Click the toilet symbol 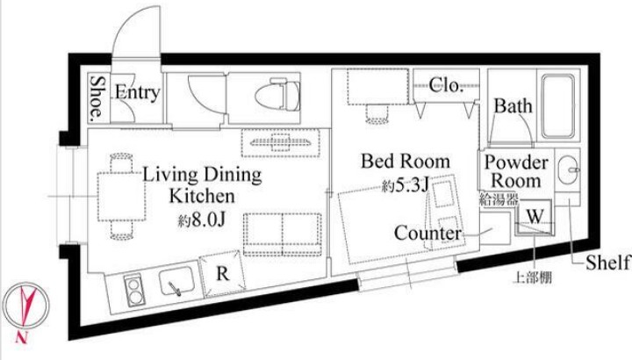pyautogui.click(x=278, y=95)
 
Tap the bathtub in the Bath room pyautogui.click(x=558, y=106)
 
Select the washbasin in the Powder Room pyautogui.click(x=568, y=170)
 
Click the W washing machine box pyautogui.click(x=535, y=217)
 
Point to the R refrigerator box pyautogui.click(x=222, y=273)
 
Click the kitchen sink pyautogui.click(x=176, y=280)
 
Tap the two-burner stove pyautogui.click(x=133, y=291)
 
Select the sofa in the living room pyautogui.click(x=282, y=234)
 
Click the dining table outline pyautogui.click(x=121, y=197)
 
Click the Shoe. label pyautogui.click(x=97, y=98)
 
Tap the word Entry pyautogui.click(x=137, y=93)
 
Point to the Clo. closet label pyautogui.click(x=445, y=85)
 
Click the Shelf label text pyautogui.click(x=607, y=263)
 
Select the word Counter pyautogui.click(x=427, y=233)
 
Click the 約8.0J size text pyautogui.click(x=202, y=220)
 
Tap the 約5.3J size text pyautogui.click(x=405, y=186)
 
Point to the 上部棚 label pyautogui.click(x=532, y=277)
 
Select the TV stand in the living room pyautogui.click(x=281, y=143)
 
